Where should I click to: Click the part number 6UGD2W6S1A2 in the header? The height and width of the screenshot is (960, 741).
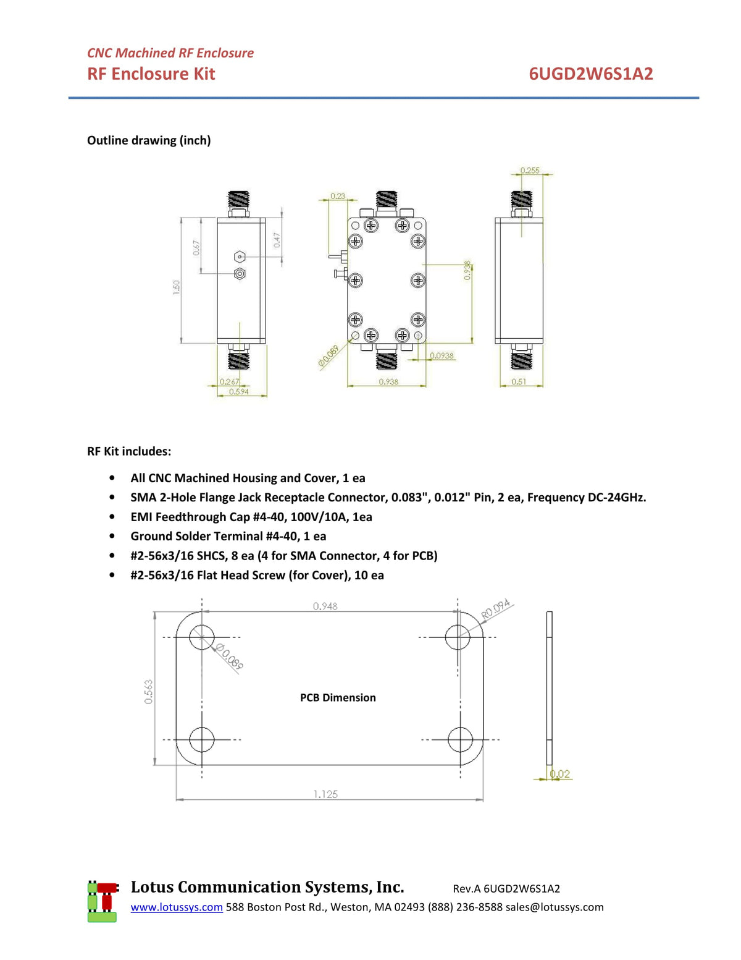tap(590, 74)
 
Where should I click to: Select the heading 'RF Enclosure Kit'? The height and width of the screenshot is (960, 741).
tap(151, 74)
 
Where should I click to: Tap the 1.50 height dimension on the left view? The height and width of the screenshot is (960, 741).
tap(177, 287)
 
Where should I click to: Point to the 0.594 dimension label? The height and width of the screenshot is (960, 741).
tap(239, 391)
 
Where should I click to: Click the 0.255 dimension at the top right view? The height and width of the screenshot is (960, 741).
tap(529, 170)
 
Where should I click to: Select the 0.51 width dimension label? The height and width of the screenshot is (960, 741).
tap(519, 381)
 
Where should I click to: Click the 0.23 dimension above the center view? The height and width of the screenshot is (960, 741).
tap(338, 195)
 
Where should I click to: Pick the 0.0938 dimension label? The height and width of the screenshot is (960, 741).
tap(442, 355)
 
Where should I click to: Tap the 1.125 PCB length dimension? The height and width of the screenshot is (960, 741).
tap(325, 794)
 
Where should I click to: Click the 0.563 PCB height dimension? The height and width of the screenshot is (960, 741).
tap(149, 691)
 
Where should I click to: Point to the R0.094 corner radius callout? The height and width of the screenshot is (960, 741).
tap(496, 609)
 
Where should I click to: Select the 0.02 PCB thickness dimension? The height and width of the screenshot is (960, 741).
tap(560, 773)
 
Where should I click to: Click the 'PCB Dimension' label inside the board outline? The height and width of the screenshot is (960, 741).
tap(338, 697)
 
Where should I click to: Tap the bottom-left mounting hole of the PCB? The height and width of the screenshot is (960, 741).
tap(202, 739)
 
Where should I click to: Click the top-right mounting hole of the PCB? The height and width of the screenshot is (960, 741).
tap(458, 637)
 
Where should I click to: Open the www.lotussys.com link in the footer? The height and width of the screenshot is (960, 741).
tap(177, 907)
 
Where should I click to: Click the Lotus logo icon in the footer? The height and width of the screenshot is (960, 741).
tap(103, 901)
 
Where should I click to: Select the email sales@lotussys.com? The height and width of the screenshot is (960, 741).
tap(555, 907)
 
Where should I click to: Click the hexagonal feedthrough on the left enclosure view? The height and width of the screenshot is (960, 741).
tap(240, 257)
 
